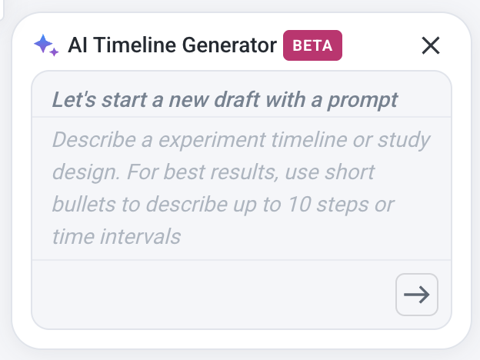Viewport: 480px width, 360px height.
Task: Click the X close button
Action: (x=431, y=45)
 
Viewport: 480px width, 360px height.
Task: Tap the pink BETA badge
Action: (x=312, y=45)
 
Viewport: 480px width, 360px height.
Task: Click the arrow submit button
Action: (x=417, y=295)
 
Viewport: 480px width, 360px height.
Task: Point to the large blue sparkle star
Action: (x=43, y=45)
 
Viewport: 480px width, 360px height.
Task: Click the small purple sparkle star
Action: (x=54, y=52)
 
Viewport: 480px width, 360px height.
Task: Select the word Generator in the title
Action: (x=229, y=45)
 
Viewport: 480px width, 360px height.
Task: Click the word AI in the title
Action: (x=78, y=45)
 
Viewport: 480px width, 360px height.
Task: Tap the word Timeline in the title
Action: (x=135, y=45)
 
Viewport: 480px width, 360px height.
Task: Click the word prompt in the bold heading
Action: (x=363, y=101)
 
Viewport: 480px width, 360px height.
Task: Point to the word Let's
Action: (x=75, y=100)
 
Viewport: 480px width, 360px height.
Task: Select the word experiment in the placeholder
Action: (x=212, y=141)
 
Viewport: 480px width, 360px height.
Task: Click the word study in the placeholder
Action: (x=404, y=141)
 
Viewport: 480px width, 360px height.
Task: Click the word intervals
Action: (x=141, y=236)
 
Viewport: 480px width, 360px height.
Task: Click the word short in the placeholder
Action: (x=350, y=172)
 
